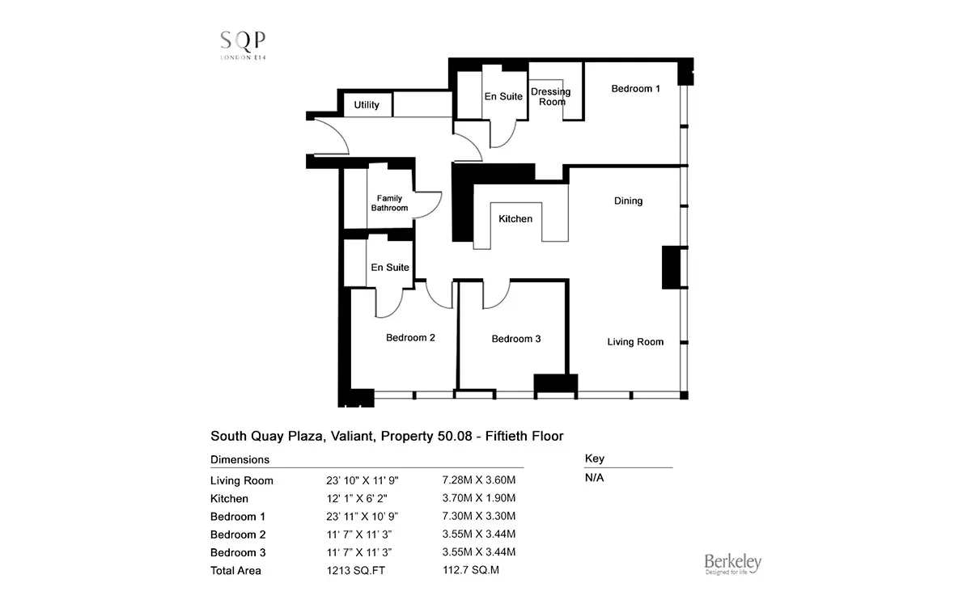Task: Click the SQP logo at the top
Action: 243,44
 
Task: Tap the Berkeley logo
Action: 732,564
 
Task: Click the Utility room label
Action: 367,105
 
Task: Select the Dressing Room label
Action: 551,96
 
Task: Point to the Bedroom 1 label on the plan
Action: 635,89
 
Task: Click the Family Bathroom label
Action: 389,203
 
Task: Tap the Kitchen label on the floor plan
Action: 515,219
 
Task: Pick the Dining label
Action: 628,201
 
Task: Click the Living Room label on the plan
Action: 635,342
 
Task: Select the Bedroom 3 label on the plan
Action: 516,339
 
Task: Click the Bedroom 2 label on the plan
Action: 410,337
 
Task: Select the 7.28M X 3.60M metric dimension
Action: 478,480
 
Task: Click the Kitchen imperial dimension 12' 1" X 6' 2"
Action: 357,499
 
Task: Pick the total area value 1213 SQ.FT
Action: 355,571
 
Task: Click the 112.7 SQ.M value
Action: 471,569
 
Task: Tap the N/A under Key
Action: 594,477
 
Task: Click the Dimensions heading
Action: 240,459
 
